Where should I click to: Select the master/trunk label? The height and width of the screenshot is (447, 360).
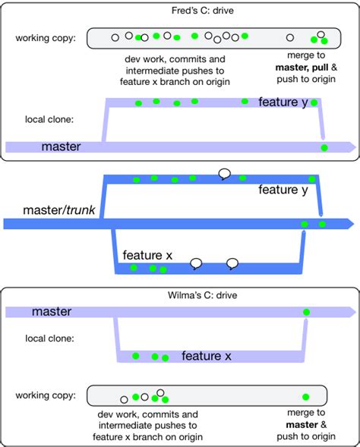tap(58, 209)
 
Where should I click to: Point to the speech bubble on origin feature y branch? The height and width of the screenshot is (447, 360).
tap(224, 174)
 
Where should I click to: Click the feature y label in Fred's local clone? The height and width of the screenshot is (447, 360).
tap(283, 102)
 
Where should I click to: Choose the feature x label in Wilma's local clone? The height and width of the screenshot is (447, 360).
tap(206, 355)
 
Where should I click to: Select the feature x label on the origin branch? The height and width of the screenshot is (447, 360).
tap(147, 256)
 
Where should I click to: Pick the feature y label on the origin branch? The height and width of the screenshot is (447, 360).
tap(283, 190)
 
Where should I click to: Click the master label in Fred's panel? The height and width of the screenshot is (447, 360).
tap(62, 146)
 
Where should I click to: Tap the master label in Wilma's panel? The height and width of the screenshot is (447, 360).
tap(52, 311)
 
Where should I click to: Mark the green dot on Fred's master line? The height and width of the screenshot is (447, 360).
tap(324, 147)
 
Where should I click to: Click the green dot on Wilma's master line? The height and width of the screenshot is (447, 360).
tap(306, 312)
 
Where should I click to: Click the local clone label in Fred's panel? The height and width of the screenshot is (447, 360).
tap(49, 119)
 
